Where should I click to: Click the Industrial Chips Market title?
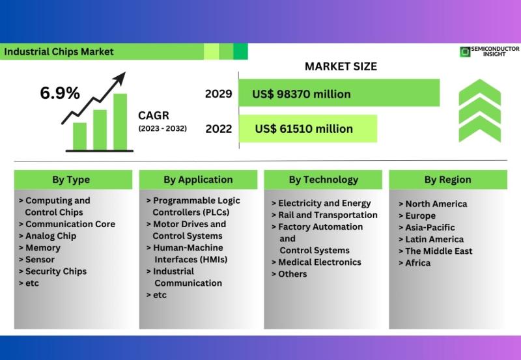point(59,52)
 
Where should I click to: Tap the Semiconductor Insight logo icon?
point(465,52)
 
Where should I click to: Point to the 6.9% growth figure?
point(60,92)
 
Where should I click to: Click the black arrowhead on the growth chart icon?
point(120,78)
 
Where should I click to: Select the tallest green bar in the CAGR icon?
point(120,122)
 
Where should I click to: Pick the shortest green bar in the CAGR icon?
point(79,137)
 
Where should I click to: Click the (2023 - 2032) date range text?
point(162,128)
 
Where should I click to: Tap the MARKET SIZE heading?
point(341,66)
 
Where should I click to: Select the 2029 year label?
point(218,94)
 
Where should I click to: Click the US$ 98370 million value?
point(302,94)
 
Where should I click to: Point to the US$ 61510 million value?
point(303,129)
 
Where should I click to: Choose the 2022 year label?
point(219,129)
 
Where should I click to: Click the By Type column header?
point(71,180)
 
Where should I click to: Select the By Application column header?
point(198,180)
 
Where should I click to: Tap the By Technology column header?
point(324,180)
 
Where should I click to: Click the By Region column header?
point(448,180)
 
